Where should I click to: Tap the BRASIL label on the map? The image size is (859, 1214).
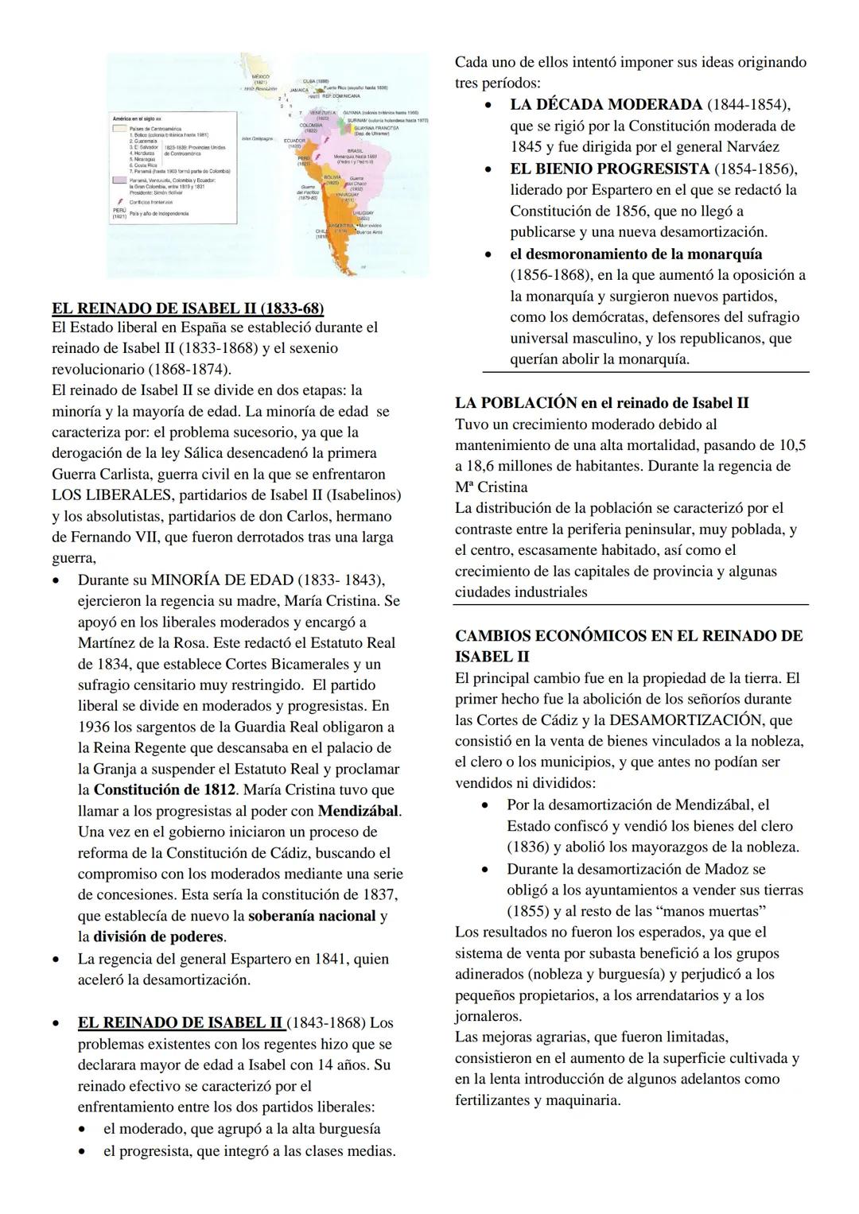pos(356,150)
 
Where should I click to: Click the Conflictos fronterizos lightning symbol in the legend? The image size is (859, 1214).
pos(118,202)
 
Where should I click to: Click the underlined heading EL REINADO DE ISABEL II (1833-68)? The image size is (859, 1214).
pos(188,308)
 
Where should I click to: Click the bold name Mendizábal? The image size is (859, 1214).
pos(359,811)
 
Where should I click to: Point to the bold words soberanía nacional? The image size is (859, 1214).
pos(312,916)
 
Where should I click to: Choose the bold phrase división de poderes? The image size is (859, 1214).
pos(158,937)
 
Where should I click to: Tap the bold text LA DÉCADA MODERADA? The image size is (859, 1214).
pos(605,105)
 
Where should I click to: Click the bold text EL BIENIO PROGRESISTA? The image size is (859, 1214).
pos(608,169)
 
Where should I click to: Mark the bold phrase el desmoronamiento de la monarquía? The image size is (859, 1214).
pos(636,254)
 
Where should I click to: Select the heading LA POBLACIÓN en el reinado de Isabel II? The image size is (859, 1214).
pos(601,402)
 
